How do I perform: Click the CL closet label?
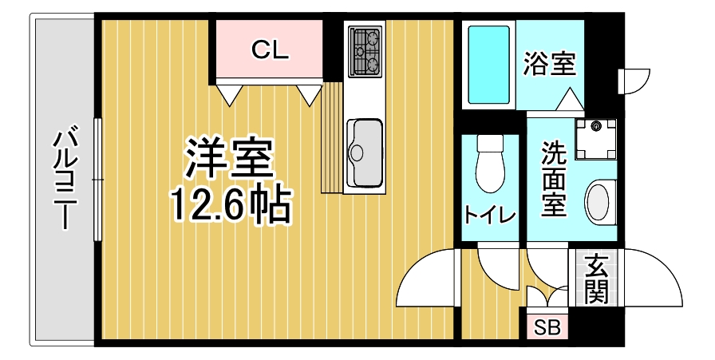click(269, 50)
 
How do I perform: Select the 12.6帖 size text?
click(228, 205)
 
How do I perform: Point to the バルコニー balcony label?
click(65, 178)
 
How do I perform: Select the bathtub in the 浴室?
click(488, 65)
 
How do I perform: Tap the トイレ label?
click(489, 215)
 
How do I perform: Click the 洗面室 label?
click(554, 179)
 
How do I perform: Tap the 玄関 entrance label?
click(595, 279)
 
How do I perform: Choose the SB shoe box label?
click(547, 326)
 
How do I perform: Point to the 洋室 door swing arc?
click(423, 279)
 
